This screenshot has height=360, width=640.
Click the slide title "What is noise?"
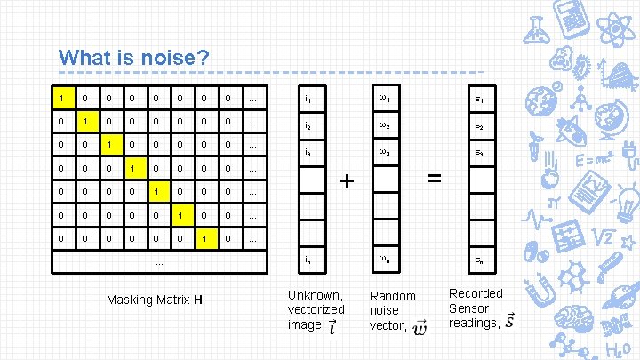coord(133,58)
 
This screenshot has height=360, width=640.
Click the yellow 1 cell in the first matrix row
coord(60,96)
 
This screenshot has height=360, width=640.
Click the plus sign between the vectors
coord(348,180)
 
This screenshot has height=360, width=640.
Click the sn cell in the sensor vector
coord(479,260)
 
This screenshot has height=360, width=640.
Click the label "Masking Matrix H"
coord(155,299)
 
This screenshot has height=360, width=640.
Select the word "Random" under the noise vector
coord(392,296)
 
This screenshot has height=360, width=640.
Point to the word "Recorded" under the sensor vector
coord(476,293)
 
